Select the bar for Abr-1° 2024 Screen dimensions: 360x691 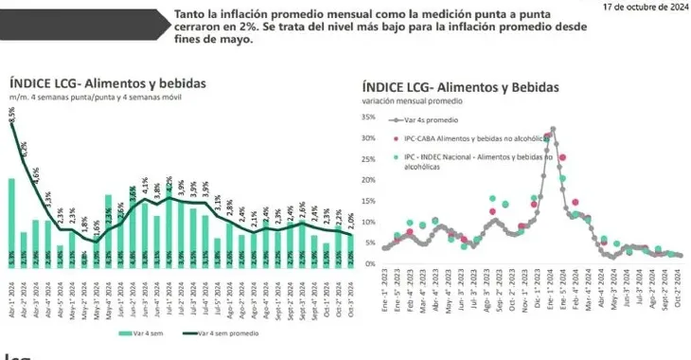12,219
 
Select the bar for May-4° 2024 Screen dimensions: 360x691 108,227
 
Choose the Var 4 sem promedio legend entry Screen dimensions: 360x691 225,333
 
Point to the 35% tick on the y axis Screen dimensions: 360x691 368,117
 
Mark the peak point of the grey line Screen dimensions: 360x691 553,129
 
